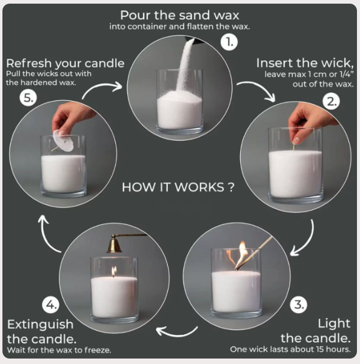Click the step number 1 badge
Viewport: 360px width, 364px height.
click(229, 42)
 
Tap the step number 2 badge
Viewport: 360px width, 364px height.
click(331, 101)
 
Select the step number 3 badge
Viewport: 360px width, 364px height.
click(299, 305)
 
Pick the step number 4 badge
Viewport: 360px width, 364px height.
click(50, 305)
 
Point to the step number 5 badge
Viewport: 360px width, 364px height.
click(28, 98)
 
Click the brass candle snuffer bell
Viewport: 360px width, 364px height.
click(114, 244)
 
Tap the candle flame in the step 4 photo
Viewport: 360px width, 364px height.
click(114, 271)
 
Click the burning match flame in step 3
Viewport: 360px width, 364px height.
click(241, 254)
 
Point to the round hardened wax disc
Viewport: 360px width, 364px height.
click(63, 141)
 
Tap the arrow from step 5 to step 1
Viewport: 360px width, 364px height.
click(100, 86)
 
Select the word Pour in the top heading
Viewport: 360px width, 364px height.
click(135, 15)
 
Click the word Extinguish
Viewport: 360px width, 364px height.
click(40, 325)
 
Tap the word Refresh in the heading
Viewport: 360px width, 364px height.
click(28, 63)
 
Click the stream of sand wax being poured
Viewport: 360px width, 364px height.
click(185, 65)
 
